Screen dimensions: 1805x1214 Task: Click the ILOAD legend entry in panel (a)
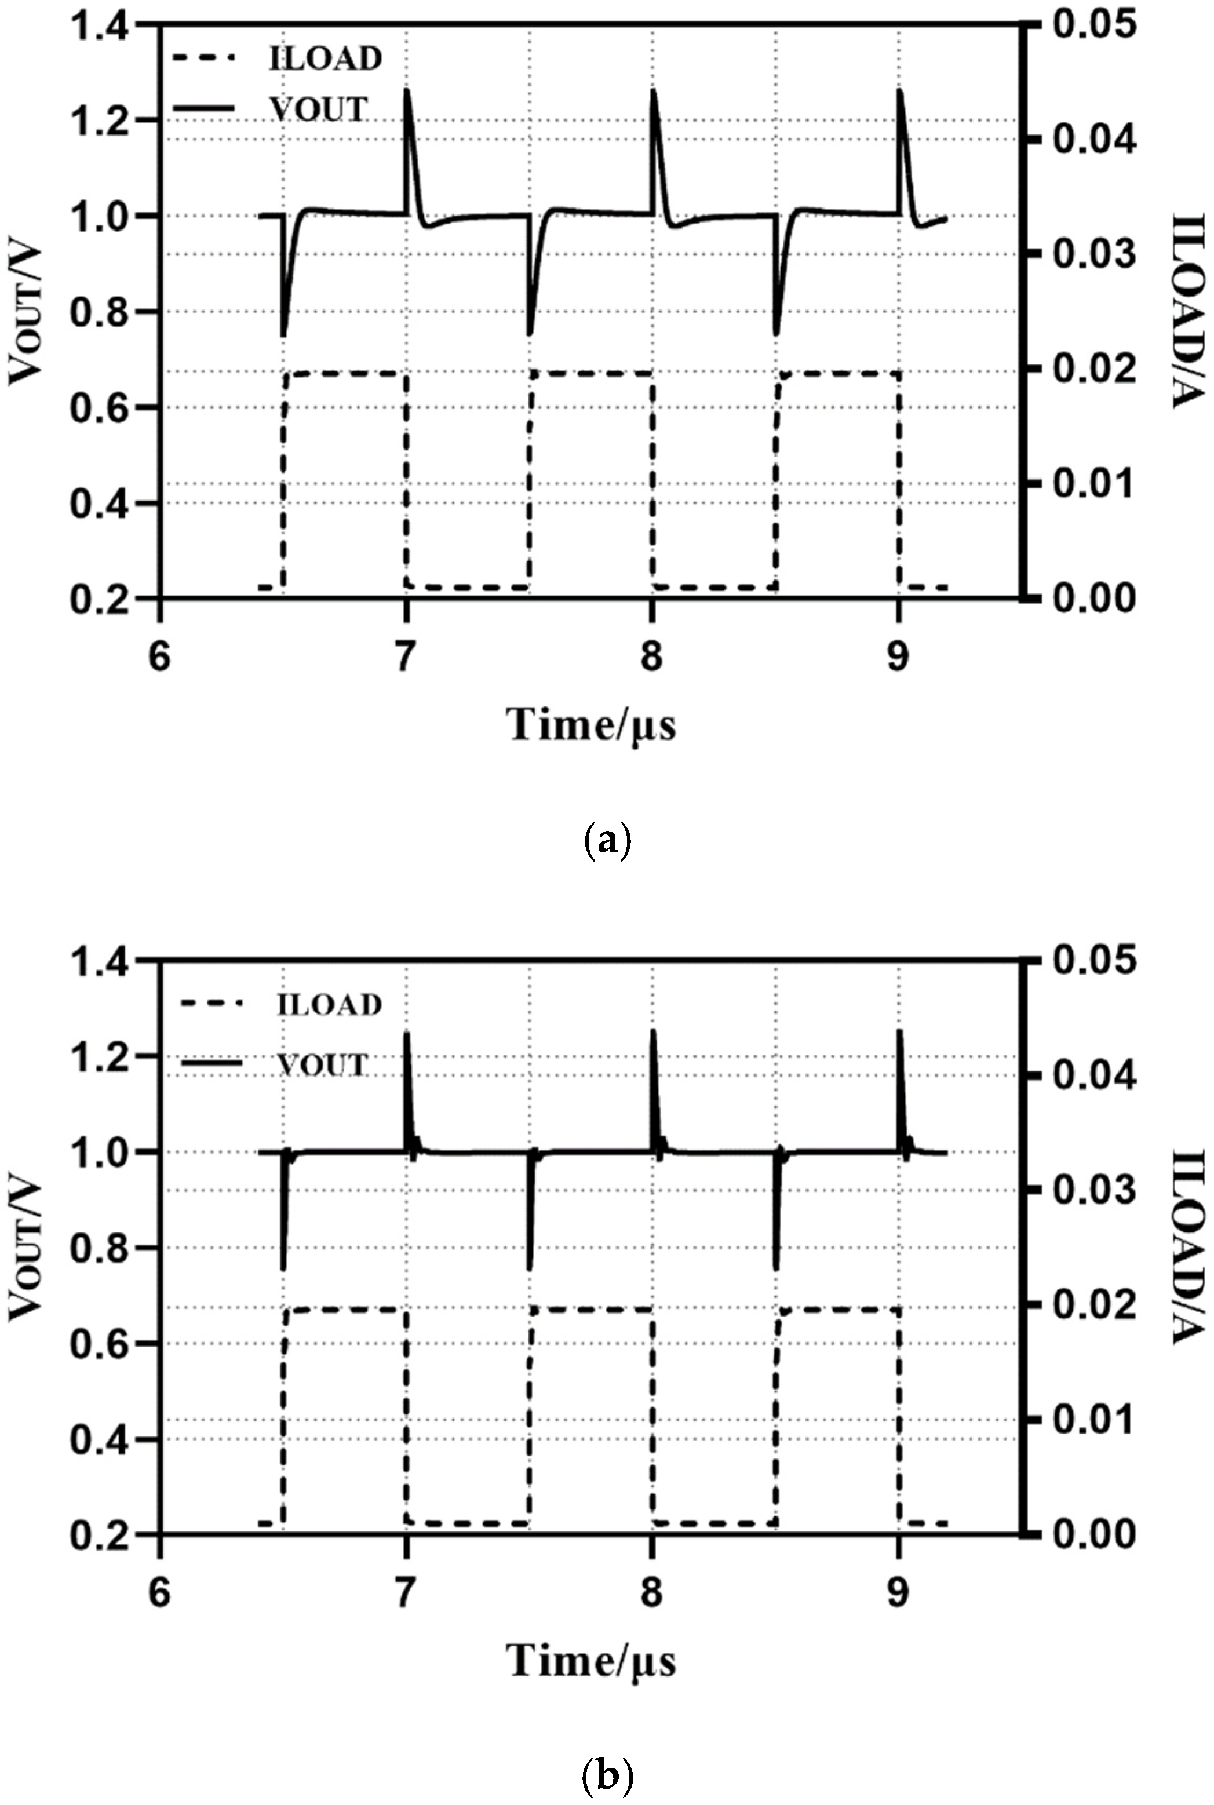(x=325, y=59)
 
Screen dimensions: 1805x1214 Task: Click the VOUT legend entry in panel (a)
(x=318, y=110)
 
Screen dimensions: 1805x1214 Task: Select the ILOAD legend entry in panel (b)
(x=330, y=1005)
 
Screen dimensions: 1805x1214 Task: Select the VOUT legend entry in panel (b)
(x=322, y=1065)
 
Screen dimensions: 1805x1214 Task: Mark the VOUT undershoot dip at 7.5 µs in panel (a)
(x=530, y=334)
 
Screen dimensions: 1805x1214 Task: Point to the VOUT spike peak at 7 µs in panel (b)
(x=407, y=1033)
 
